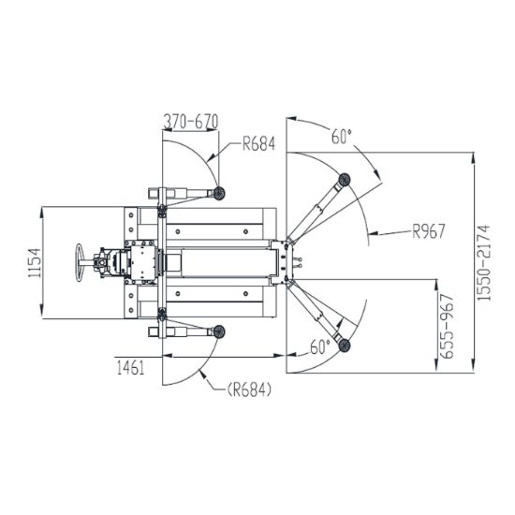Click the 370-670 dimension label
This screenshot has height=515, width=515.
click(191, 122)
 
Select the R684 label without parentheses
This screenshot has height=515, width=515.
click(258, 144)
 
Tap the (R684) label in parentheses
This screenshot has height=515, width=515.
click(249, 390)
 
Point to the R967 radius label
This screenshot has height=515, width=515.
click(429, 231)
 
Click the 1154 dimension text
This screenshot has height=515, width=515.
click(35, 263)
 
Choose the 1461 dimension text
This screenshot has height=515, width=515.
click(131, 368)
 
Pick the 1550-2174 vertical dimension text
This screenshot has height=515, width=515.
click(484, 263)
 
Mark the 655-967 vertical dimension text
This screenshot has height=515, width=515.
click(447, 326)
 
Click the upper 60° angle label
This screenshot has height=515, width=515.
click(342, 137)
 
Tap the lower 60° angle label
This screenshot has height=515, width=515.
click(320, 347)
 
